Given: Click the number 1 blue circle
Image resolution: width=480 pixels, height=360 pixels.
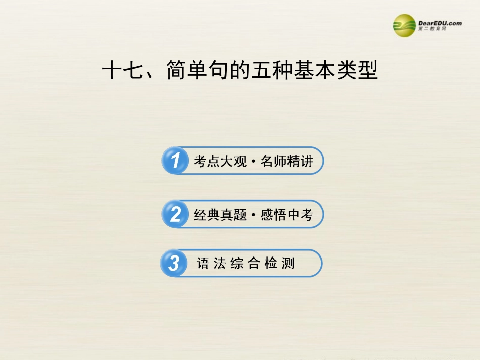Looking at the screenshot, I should pos(175,161).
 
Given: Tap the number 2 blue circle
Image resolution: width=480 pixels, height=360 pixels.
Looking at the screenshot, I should pos(175,215).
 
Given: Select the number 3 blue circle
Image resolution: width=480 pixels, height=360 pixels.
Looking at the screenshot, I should pos(174,263).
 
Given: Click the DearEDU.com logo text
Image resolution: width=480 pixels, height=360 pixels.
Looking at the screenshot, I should pos(440,23).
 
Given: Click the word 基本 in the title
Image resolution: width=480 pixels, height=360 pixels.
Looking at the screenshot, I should pos(318,71).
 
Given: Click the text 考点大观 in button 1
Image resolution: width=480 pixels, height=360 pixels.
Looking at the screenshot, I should pos(220,162).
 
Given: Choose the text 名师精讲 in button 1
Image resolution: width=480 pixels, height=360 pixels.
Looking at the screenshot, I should pos(287,162).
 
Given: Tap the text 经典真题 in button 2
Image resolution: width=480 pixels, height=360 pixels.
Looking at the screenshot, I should pos(220,215).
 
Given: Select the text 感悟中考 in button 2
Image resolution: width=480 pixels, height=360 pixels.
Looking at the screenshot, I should pos(287,215).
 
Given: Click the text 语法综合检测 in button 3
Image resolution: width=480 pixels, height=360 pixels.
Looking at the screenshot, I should pos(246,263).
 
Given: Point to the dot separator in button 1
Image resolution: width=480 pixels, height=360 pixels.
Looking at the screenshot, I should pos(254,162).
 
